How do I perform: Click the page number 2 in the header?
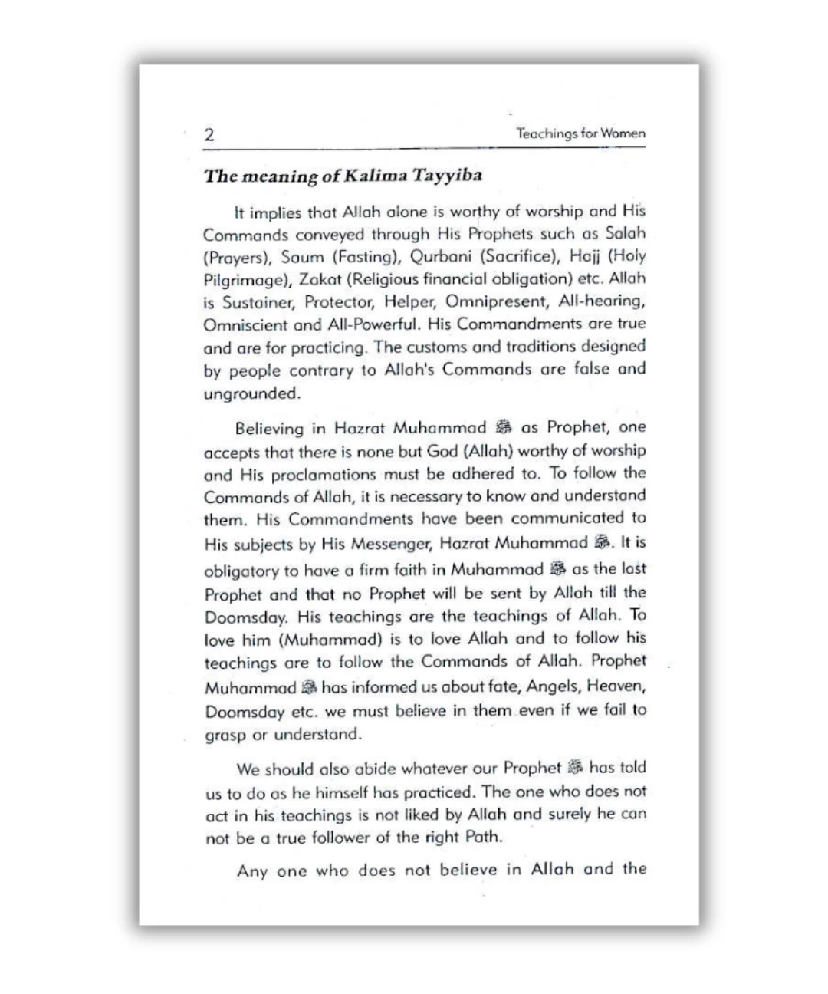point(209,136)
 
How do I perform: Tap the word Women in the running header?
point(623,133)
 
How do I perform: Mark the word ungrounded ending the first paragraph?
point(251,394)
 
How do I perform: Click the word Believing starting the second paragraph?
point(269,428)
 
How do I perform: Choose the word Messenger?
point(383,545)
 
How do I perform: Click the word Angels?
point(553,686)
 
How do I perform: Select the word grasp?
point(225,735)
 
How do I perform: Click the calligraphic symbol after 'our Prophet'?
point(575,768)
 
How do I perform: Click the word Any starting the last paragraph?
point(251,871)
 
